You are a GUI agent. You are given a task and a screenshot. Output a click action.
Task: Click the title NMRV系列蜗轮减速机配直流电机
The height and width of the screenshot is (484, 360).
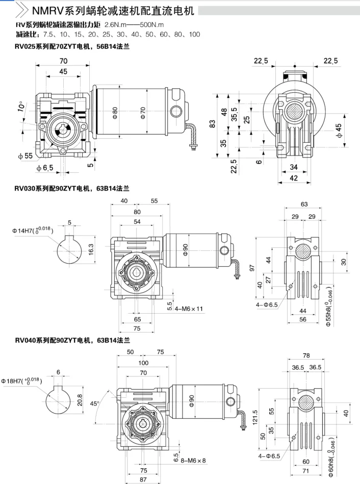tap(113, 11)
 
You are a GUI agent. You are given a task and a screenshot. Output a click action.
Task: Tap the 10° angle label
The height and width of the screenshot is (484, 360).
tap(21, 106)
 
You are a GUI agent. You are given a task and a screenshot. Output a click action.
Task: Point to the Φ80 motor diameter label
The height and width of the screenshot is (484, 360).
tap(115, 113)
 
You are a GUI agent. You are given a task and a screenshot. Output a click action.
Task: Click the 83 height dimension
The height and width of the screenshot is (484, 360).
tap(212, 124)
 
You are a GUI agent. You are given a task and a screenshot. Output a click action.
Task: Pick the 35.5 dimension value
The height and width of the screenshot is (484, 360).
tap(235, 114)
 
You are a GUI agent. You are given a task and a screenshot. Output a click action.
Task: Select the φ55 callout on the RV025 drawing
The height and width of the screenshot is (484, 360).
tap(25, 156)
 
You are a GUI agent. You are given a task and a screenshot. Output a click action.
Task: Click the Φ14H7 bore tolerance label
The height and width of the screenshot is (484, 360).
tap(33, 230)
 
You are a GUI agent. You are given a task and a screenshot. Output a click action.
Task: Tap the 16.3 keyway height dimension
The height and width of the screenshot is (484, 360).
tap(91, 249)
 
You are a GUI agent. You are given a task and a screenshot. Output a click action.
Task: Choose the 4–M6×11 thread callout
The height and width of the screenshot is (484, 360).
tap(189, 309)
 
